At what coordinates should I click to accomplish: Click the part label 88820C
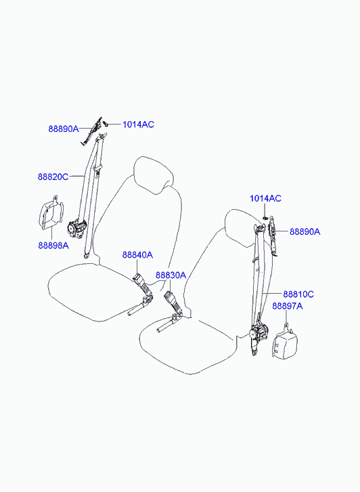[53, 177]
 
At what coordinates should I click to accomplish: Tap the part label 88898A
[53, 246]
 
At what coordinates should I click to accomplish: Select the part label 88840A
[137, 254]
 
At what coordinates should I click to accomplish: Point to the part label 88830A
[171, 275]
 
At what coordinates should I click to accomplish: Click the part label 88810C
[298, 294]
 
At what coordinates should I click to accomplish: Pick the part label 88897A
[287, 306]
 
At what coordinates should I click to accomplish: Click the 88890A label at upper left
[64, 129]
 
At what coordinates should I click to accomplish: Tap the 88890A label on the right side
[305, 231]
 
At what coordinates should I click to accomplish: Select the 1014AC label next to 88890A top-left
[138, 125]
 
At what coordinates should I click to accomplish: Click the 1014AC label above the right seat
[265, 198]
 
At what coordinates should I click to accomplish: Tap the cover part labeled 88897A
[284, 344]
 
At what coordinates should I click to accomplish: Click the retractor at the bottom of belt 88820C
[76, 229]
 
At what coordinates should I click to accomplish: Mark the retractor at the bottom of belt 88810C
[259, 334]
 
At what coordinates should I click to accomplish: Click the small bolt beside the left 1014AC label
[106, 124]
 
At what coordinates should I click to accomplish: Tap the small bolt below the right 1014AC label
[265, 217]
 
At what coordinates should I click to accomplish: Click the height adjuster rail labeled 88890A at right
[273, 236]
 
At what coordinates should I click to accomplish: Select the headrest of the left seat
[154, 175]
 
